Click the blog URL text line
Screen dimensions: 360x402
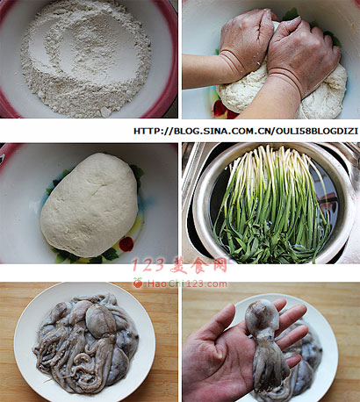[246, 131]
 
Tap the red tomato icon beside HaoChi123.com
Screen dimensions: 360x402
[138, 283]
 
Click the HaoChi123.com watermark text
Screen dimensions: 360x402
[187, 284]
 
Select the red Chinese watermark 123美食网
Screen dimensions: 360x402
[179, 266]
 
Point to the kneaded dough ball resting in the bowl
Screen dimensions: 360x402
[89, 205]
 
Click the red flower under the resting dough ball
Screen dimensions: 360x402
[126, 244]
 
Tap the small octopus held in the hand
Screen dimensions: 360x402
[265, 345]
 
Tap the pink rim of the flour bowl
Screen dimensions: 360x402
[170, 59]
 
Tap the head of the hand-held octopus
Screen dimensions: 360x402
[262, 314]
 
